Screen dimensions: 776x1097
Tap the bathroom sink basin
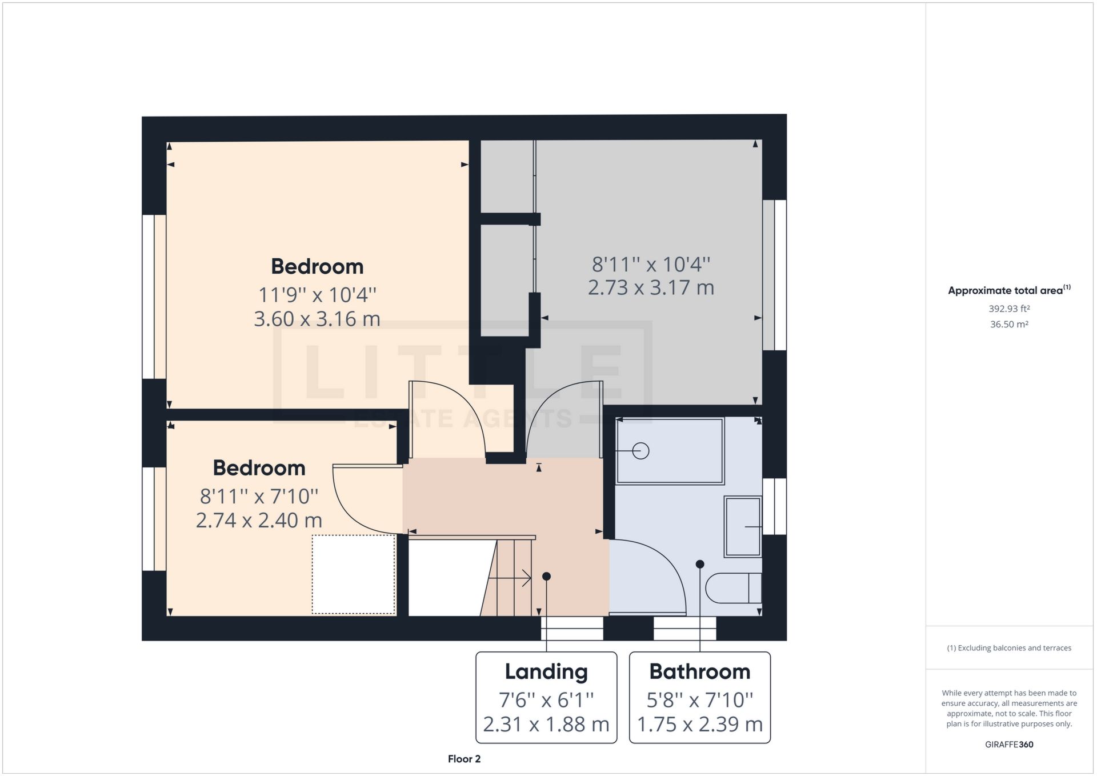click(742, 526)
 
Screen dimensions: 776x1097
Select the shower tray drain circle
click(641, 451)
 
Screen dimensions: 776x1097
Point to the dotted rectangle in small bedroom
click(354, 574)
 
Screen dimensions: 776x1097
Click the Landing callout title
click(546, 671)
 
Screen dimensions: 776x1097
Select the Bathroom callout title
click(699, 671)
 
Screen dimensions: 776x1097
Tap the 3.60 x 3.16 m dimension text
click(317, 319)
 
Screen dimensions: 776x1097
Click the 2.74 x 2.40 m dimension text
click(259, 521)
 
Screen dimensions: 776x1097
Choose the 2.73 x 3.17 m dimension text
click(651, 287)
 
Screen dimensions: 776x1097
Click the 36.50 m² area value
click(1009, 324)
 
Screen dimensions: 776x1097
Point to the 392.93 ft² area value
click(1009, 309)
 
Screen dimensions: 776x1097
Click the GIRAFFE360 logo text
click(1009, 745)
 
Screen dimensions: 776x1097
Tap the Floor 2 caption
click(464, 759)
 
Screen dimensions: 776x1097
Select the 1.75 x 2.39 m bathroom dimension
click(699, 725)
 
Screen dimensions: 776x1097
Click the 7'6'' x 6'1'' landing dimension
click(546, 699)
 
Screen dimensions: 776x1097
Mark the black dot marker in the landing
click(546, 576)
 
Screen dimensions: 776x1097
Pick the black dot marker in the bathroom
click(699, 564)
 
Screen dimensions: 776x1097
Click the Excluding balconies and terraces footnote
click(1009, 648)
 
